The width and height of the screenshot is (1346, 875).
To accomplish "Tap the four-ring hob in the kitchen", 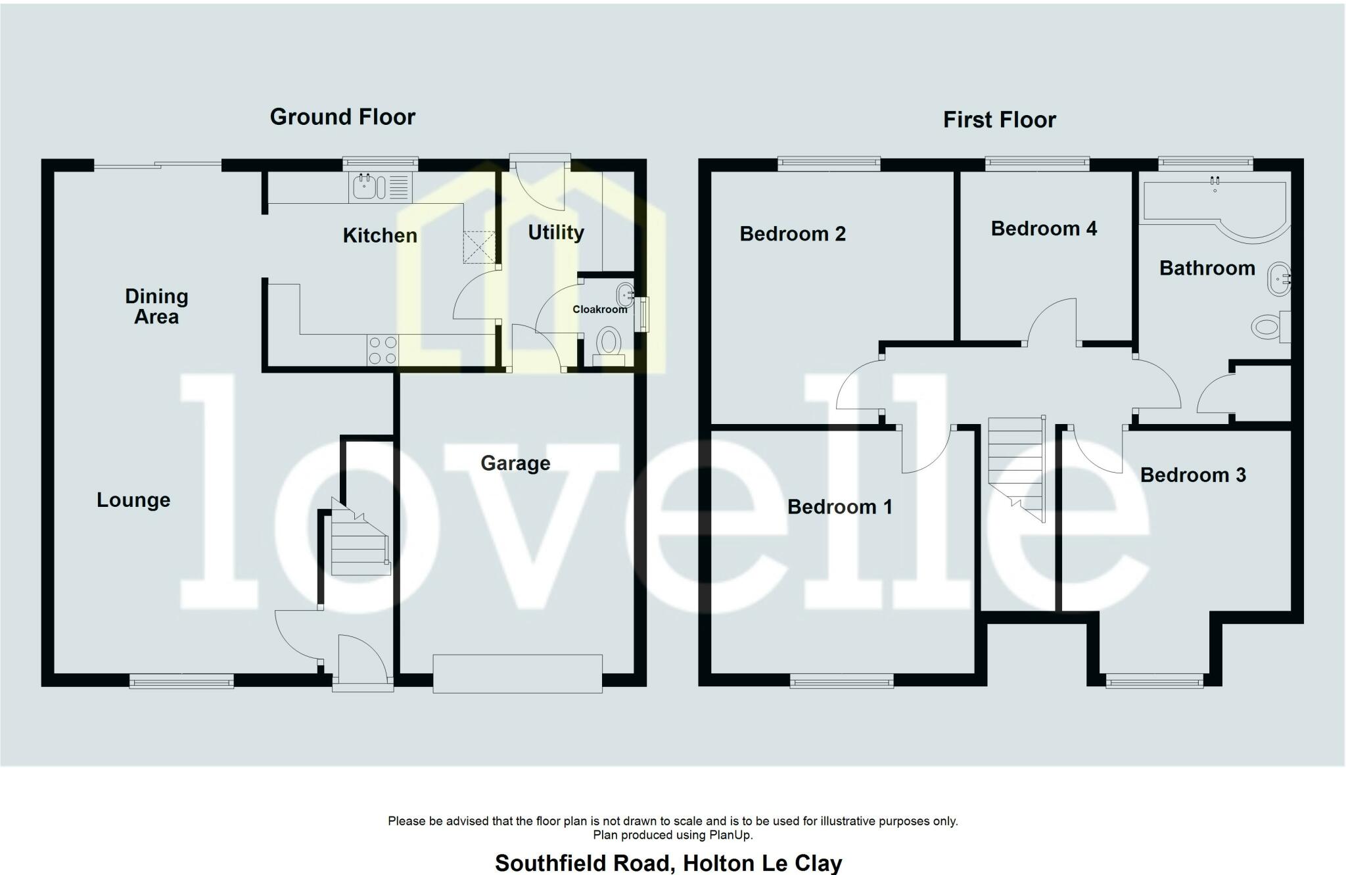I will click(383, 350).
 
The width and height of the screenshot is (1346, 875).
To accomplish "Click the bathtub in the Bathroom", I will click(1216, 207).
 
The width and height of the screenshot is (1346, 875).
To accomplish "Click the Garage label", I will click(515, 463).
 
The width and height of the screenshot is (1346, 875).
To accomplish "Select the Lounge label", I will click(133, 500).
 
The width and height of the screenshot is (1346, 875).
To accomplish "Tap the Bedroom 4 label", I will click(1044, 229).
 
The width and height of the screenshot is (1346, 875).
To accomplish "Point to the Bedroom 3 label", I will click(1192, 475).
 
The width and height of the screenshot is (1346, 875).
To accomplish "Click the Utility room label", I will click(556, 233).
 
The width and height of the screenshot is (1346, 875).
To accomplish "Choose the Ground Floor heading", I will click(342, 117).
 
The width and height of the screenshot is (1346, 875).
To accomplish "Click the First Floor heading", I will click(999, 120).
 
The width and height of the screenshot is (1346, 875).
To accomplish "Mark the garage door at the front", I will click(517, 673).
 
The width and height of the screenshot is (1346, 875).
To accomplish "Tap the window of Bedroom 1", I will click(841, 682).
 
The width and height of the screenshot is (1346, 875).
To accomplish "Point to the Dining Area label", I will click(156, 306).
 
